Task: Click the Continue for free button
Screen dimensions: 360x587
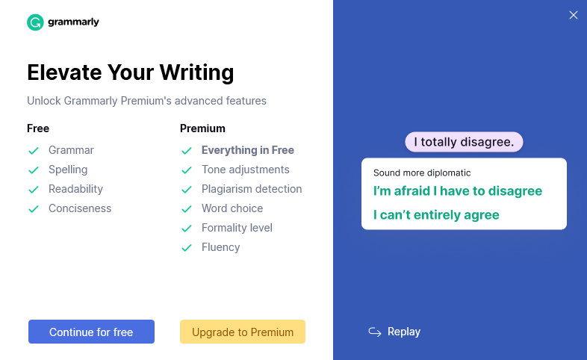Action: coord(91,332)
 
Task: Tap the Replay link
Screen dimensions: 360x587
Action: coord(395,332)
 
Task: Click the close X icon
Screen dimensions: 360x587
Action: coord(574,15)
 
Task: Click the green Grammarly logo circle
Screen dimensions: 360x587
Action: coord(35,22)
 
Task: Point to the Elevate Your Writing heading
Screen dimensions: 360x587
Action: coord(130,72)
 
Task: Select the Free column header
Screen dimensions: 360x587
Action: coord(38,128)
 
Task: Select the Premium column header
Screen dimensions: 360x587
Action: coord(202,128)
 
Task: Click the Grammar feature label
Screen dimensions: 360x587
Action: coord(71,150)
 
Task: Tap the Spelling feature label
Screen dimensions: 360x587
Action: coord(68,170)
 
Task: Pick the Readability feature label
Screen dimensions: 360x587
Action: coord(75,189)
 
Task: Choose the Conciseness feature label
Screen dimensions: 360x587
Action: coord(80,208)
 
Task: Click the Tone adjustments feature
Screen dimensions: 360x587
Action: coord(245,170)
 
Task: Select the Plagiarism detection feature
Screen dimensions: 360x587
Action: coord(252,189)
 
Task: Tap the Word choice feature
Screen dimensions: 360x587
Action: coord(232,208)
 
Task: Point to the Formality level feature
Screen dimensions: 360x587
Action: coord(237,228)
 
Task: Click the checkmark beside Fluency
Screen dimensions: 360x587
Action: coord(187,248)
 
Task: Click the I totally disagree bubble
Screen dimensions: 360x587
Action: coord(464,142)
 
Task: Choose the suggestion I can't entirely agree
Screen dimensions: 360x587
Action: coord(436,215)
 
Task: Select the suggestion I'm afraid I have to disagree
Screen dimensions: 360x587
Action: coord(458,191)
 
